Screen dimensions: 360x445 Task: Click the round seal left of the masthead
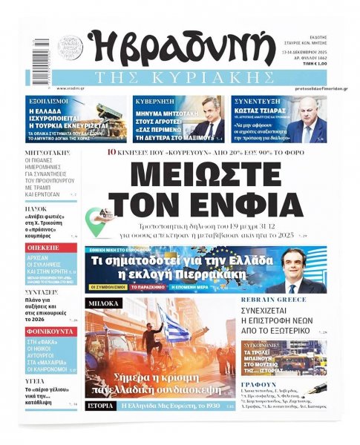pos(71,47)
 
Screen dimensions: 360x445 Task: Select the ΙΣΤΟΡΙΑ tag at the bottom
pos(99,406)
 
